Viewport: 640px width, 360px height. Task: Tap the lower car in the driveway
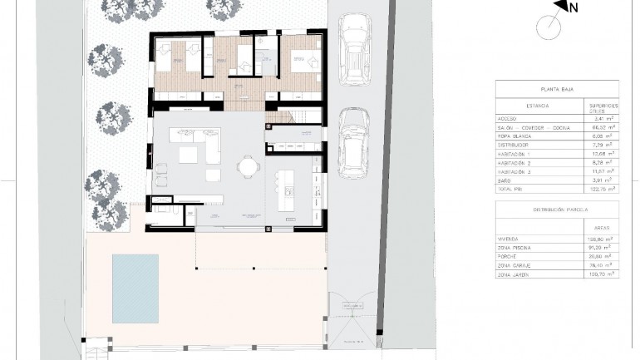tap(355, 138)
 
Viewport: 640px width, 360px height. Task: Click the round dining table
tap(249, 165)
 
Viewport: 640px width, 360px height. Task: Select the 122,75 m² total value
tap(603, 189)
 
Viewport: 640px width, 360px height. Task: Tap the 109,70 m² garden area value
tap(603, 273)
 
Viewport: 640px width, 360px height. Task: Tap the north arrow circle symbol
tap(549, 27)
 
